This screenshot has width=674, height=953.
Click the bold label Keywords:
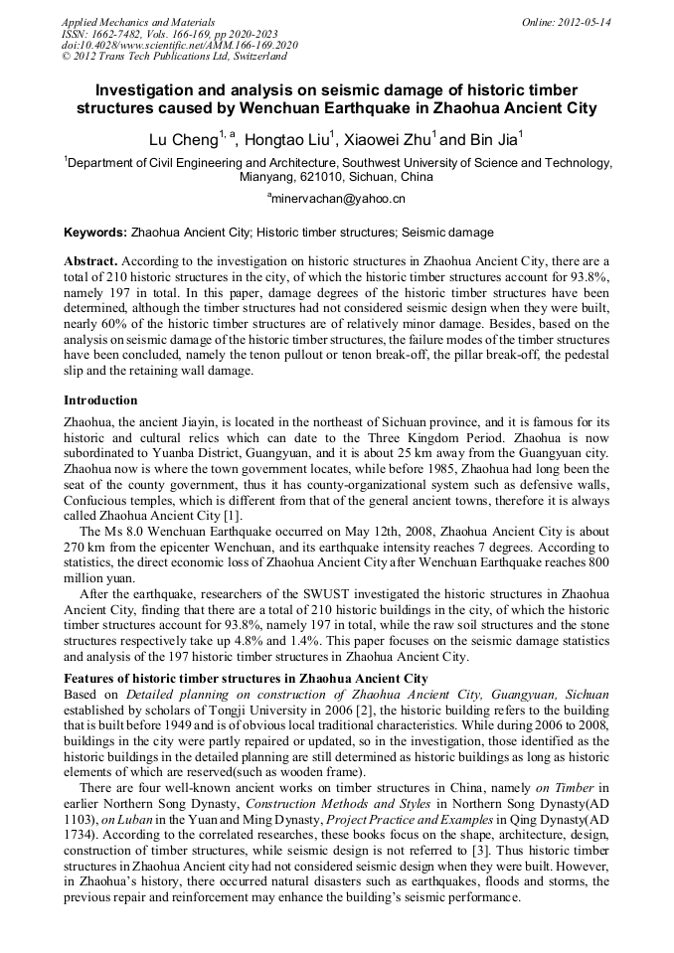pyautogui.click(x=94, y=233)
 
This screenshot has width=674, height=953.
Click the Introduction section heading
pyautogui.click(x=100, y=400)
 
